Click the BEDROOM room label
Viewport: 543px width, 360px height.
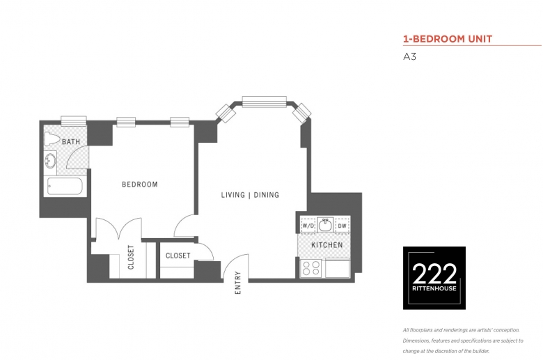pyautogui.click(x=139, y=185)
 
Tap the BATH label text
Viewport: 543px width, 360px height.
pyautogui.click(x=71, y=142)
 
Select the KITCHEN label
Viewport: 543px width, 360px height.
pyautogui.click(x=327, y=245)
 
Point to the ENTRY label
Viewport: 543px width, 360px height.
pyautogui.click(x=237, y=283)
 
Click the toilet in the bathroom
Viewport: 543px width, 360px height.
pyautogui.click(x=52, y=139)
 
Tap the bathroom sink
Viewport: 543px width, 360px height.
pyautogui.click(x=51, y=161)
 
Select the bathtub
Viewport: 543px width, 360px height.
pyautogui.click(x=65, y=187)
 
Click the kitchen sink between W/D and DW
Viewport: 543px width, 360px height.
pyautogui.click(x=325, y=225)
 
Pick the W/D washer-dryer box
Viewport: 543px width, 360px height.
pyautogui.click(x=308, y=226)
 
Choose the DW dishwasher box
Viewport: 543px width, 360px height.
pyautogui.click(x=342, y=226)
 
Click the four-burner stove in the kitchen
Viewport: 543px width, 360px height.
pyautogui.click(x=310, y=268)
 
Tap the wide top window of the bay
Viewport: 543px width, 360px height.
pyautogui.click(x=265, y=102)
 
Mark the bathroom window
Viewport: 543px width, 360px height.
pyautogui.click(x=74, y=121)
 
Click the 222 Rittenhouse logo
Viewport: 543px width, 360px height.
pyautogui.click(x=434, y=278)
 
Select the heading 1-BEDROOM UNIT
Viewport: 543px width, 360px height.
pyautogui.click(x=448, y=39)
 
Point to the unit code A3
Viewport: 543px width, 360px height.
pyautogui.click(x=409, y=56)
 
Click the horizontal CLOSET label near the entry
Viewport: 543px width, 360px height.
pyautogui.click(x=178, y=256)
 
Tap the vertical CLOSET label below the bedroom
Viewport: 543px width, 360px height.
pyautogui.click(x=131, y=257)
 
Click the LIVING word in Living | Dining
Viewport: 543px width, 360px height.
pyautogui.click(x=233, y=195)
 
